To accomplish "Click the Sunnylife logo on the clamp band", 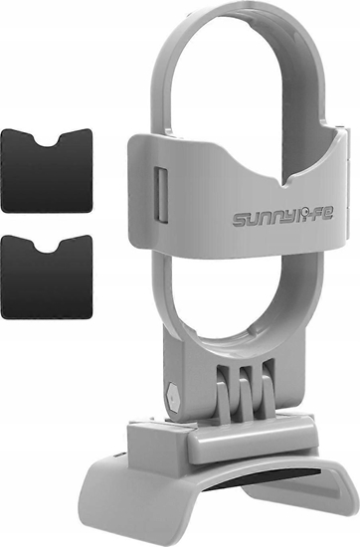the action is click(282, 217).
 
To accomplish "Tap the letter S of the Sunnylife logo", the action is click(240, 221).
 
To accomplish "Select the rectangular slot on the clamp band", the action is click(160, 195).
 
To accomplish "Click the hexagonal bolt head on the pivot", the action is click(173, 397).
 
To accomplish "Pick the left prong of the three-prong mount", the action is click(223, 402).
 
